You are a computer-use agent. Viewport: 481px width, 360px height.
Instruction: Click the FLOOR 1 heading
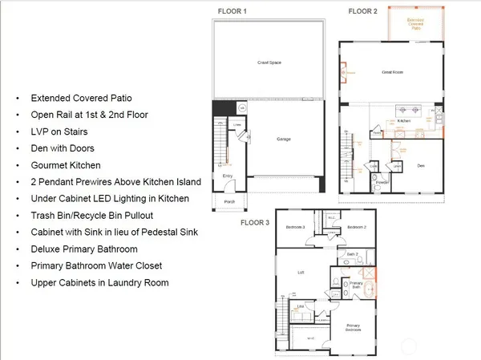click(x=232, y=10)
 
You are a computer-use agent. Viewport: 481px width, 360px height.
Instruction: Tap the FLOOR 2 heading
click(x=362, y=10)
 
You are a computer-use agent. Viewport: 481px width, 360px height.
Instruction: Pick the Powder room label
click(x=382, y=181)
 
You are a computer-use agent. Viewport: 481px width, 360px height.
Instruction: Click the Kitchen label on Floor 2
click(x=404, y=121)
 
